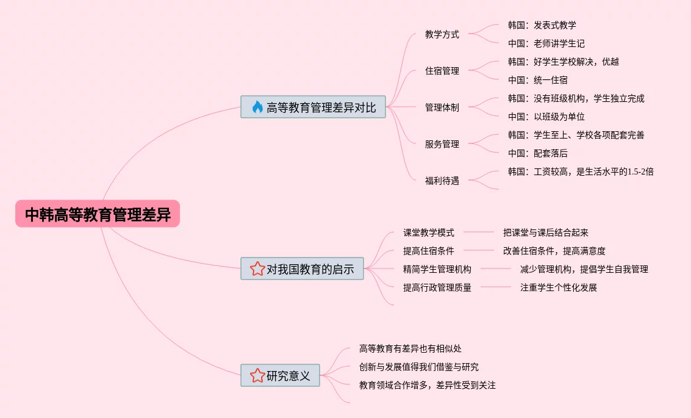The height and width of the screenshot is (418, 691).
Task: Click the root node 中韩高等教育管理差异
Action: click(98, 214)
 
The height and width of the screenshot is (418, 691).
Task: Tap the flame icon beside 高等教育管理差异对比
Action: click(257, 107)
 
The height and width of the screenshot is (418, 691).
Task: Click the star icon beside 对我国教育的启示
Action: click(257, 268)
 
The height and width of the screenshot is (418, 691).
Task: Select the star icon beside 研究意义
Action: click(257, 376)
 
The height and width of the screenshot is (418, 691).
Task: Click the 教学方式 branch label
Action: click(442, 34)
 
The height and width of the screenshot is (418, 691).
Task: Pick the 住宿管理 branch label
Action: click(442, 71)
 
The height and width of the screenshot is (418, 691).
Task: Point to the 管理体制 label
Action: click(442, 107)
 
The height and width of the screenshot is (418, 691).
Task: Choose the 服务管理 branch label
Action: click(442, 144)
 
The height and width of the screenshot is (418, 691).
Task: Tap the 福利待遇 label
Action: click(442, 181)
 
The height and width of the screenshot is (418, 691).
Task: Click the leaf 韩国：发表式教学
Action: click(542, 25)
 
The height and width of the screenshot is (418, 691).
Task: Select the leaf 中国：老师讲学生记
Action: click(546, 43)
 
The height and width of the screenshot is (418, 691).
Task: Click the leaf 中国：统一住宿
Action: click(537, 80)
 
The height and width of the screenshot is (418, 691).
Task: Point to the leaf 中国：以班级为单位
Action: click(546, 117)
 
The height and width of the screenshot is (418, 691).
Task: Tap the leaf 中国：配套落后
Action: click(537, 153)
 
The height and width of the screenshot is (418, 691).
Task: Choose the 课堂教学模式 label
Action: click(429, 232)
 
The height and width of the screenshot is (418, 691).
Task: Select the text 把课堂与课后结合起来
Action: click(546, 232)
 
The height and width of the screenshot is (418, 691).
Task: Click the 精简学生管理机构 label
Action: click(437, 269)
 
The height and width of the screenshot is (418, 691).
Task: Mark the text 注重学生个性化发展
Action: click(559, 287)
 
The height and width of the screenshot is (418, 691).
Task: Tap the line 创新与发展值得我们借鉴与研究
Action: click(419, 367)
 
